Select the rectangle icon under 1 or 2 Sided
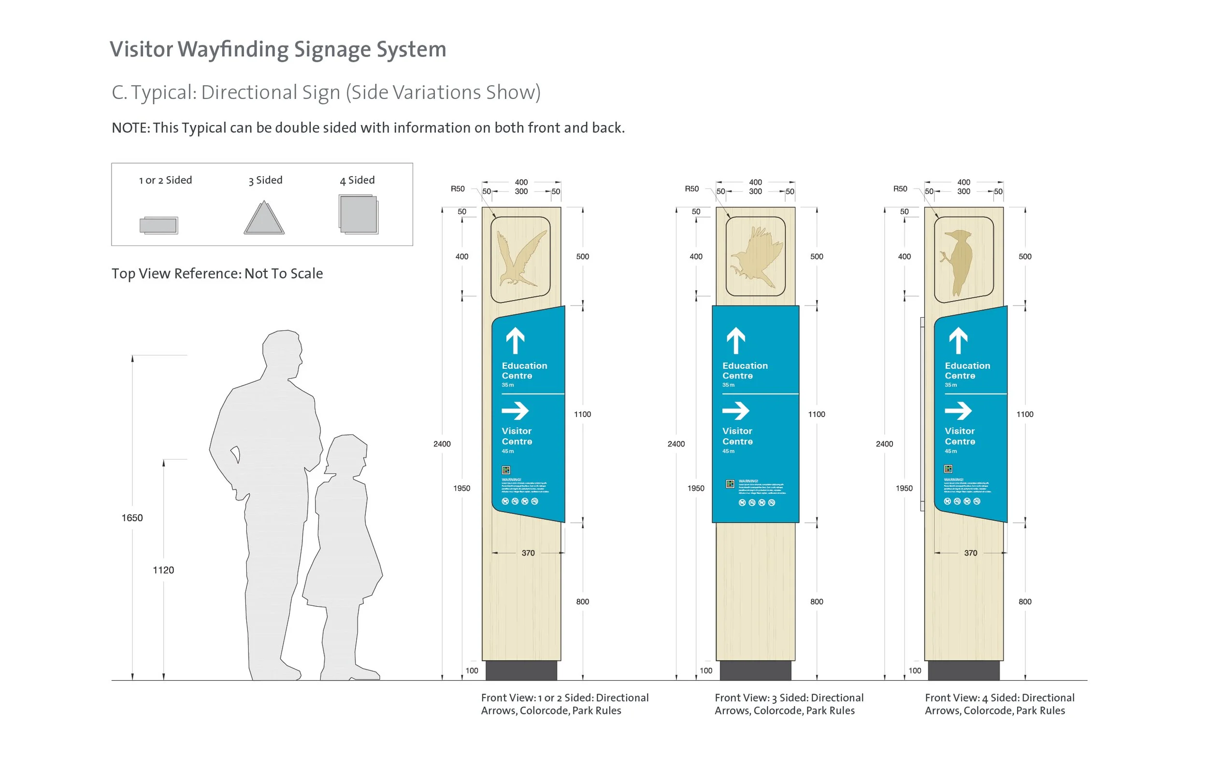tap(159, 225)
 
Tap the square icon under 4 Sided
tap(359, 214)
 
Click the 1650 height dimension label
tap(132, 518)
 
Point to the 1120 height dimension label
tap(163, 570)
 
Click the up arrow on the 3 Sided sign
tap(735, 340)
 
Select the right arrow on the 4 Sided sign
tap(958, 410)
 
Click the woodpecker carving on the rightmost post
tap(958, 261)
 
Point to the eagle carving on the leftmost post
tap(521, 259)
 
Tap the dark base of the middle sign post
tap(755, 670)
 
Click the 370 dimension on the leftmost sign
tap(528, 553)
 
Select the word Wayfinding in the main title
tap(233, 49)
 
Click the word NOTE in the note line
tap(129, 128)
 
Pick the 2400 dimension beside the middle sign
tap(676, 444)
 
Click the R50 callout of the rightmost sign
tap(900, 189)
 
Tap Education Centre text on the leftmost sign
tap(524, 370)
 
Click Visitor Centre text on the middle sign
tap(737, 436)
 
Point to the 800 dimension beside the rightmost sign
tap(1024, 601)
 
